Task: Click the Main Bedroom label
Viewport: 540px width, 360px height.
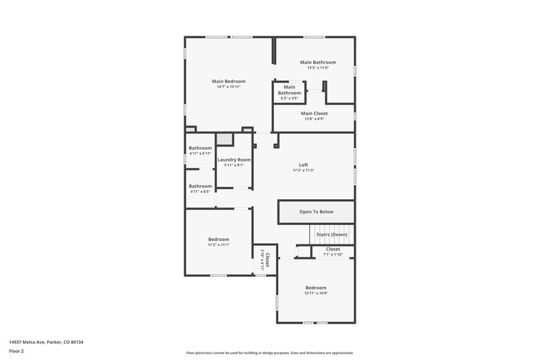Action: click(229, 81)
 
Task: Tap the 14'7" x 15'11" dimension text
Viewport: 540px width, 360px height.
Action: click(229, 87)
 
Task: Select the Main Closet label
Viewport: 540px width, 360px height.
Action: click(314, 113)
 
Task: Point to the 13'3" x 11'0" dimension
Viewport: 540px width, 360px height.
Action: click(317, 68)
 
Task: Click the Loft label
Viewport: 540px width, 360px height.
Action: click(304, 165)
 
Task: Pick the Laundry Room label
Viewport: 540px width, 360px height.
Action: click(234, 159)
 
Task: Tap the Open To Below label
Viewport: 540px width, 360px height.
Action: click(317, 212)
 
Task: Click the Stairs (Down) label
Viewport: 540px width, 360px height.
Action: click(331, 234)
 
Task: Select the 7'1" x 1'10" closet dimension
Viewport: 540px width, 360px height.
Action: click(333, 255)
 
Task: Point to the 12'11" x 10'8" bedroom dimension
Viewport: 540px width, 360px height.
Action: click(315, 293)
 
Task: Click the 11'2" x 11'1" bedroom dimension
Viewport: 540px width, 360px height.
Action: click(219, 245)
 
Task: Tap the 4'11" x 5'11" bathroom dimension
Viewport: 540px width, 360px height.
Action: click(200, 153)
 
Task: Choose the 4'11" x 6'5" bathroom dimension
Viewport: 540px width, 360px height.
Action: click(200, 192)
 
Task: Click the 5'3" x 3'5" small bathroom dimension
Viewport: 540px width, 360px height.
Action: click(289, 99)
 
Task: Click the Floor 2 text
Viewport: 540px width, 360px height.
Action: click(16, 351)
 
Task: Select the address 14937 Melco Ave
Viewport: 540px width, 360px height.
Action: click(46, 342)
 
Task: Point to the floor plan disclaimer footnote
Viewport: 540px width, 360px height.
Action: click(269, 353)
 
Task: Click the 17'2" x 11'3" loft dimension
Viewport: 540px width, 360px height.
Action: click(304, 170)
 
